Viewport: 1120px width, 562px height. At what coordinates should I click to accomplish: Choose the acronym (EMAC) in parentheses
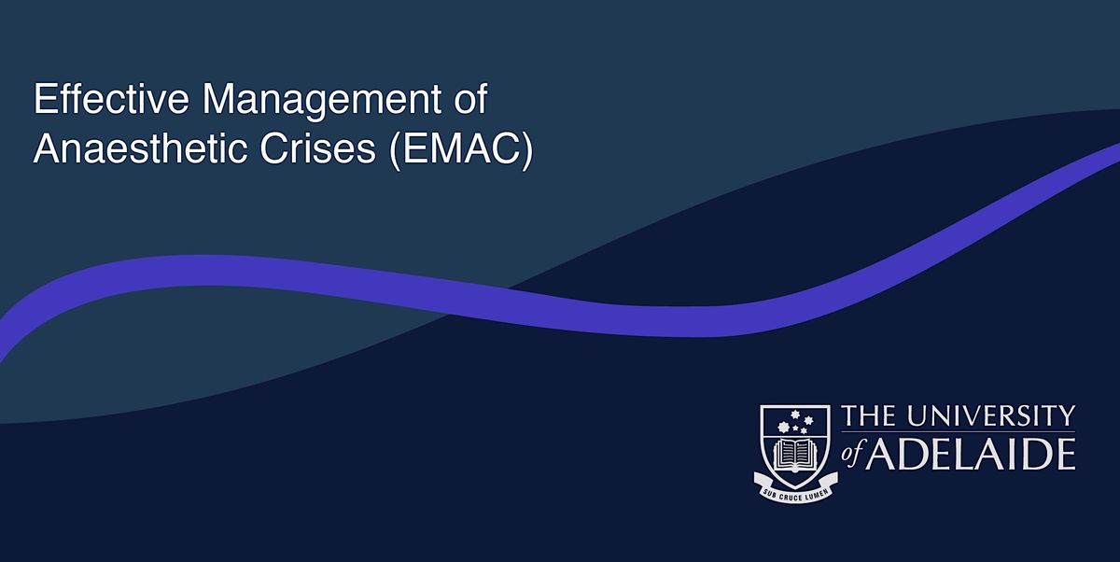coord(457,149)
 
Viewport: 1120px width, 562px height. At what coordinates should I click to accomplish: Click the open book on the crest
coord(795,455)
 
